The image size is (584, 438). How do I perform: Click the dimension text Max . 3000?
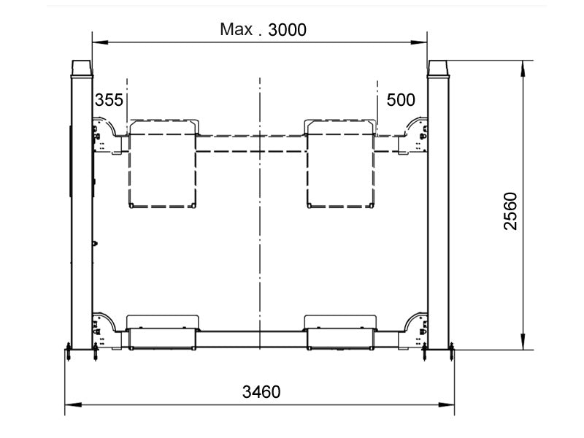coord(263,30)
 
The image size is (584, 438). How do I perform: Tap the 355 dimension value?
coord(109,100)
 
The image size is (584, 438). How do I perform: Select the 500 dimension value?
coord(400,100)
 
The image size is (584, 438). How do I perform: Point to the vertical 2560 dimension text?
coord(510,211)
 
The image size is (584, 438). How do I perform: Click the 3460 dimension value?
coord(261,391)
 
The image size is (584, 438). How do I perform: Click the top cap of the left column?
coord(81,67)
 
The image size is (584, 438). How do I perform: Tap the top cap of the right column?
coord(438,67)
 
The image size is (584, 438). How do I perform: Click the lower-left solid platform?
coord(162,333)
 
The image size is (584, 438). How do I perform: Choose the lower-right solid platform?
coord(341,333)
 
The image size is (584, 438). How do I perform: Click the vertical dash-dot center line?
coord(259,219)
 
